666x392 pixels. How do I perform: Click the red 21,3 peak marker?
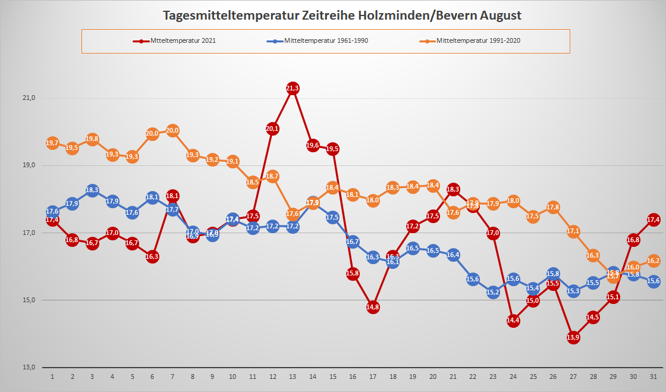(293, 89)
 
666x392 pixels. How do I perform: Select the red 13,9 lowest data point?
(573, 338)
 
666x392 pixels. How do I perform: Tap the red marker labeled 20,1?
(272, 128)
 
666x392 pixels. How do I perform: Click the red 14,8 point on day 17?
(373, 308)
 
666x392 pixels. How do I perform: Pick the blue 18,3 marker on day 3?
(92, 190)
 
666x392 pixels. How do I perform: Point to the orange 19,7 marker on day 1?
(52, 143)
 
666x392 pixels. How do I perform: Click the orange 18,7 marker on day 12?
(272, 176)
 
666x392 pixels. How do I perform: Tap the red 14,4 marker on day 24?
(513, 321)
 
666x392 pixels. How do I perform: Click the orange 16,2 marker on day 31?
(654, 261)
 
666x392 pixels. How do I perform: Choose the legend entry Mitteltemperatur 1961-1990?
(331, 41)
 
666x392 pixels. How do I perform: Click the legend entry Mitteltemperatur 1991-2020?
(479, 41)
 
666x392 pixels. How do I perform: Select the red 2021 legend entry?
(184, 41)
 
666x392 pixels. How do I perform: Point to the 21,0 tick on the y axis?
(29, 98)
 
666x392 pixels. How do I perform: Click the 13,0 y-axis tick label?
(29, 367)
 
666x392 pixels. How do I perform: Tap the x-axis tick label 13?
(293, 377)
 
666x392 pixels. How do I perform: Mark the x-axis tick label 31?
(654, 377)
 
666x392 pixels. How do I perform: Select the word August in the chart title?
(501, 15)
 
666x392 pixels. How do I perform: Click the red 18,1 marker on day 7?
(172, 196)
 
